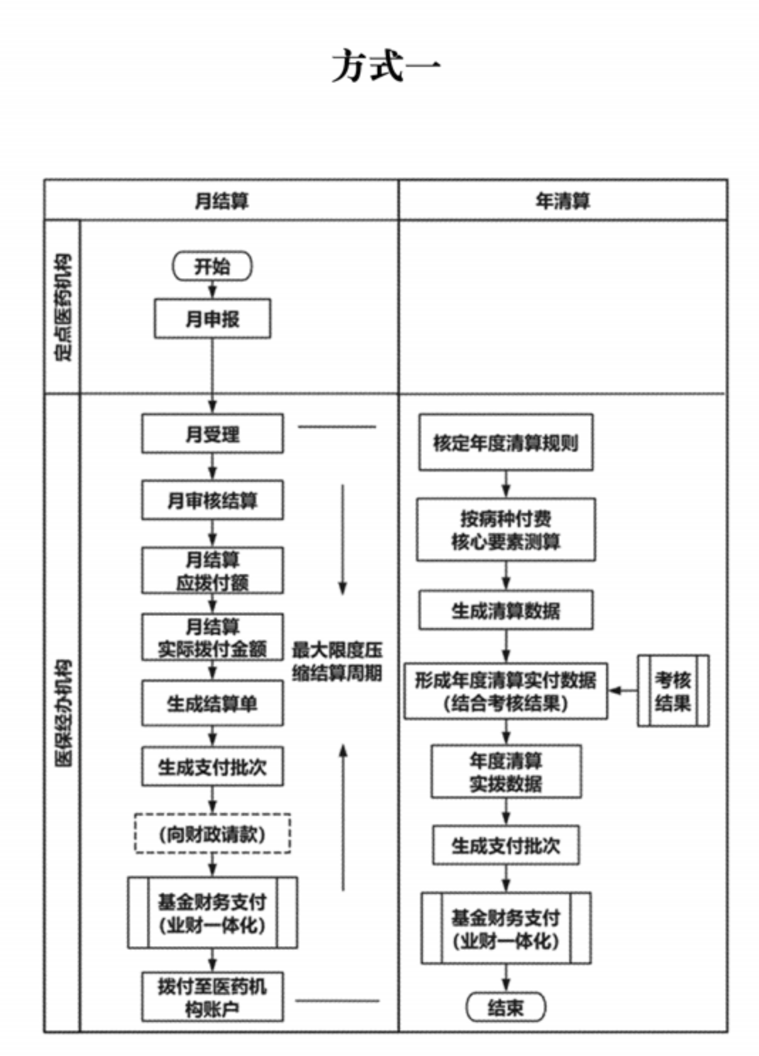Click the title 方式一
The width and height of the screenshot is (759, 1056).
386,67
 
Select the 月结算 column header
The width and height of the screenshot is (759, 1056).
222,201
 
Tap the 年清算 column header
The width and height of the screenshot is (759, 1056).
562,201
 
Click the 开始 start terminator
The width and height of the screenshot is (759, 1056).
212,266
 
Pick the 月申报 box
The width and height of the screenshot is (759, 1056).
212,319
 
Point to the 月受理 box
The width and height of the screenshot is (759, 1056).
212,433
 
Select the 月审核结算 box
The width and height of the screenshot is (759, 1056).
212,500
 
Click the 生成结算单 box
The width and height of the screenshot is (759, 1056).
212,704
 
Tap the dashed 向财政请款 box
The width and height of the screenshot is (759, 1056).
212,834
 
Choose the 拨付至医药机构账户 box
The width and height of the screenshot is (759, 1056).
212,997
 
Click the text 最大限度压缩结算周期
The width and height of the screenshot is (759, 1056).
337,661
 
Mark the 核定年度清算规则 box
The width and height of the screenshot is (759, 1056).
505,443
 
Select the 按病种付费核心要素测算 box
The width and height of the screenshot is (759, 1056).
505,530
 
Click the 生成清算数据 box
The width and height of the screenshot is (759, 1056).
505,610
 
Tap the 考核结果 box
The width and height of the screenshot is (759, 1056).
672,691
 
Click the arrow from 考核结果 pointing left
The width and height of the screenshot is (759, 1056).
623,691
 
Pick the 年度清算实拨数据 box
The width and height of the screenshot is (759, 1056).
505,772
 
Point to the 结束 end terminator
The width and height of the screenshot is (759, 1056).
505,1007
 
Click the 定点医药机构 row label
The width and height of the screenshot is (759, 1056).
63,307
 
